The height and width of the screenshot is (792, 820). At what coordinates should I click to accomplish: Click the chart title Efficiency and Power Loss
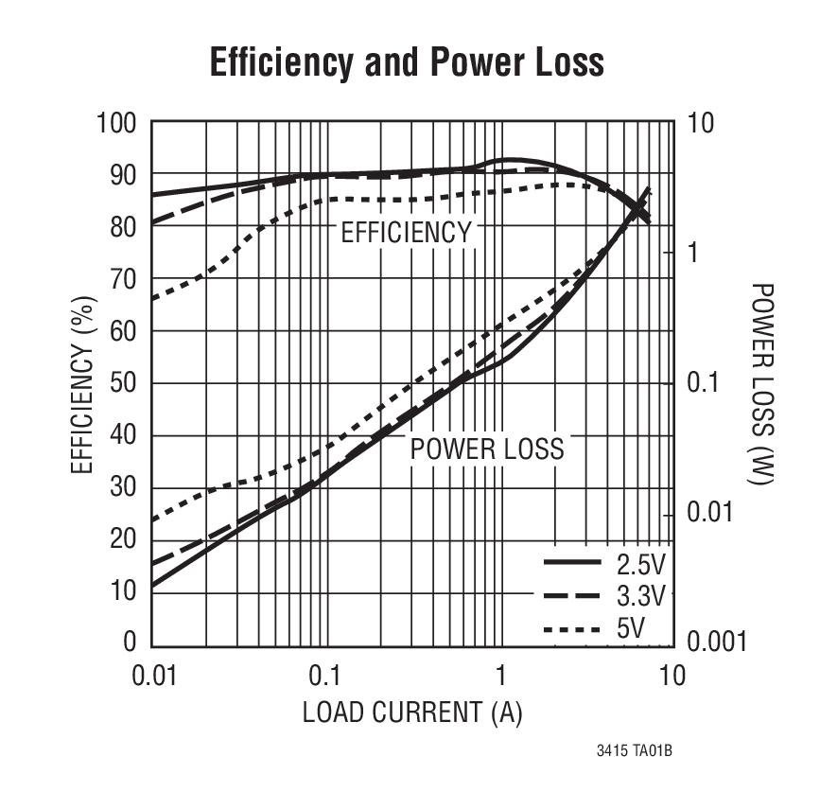pos(406,62)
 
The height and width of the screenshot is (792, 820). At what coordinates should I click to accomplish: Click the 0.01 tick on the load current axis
pos(150,678)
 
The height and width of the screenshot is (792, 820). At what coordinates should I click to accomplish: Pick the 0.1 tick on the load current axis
pos(325,678)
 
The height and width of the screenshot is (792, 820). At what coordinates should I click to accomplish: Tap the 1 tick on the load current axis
pos(499,678)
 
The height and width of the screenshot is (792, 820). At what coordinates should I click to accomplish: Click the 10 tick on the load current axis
pos(671,678)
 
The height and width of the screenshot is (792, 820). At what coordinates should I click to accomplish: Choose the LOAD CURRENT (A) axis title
pos(411,713)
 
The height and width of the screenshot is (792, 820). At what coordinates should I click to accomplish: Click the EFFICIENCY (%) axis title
pos(83,384)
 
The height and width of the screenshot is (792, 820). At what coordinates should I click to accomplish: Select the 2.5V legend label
pos(641,565)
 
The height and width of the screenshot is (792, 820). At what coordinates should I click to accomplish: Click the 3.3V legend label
pos(641,596)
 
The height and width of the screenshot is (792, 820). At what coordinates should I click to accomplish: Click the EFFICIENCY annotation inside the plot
pos(406,233)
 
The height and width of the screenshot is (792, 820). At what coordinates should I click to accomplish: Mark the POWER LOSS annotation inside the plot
pos(487,449)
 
